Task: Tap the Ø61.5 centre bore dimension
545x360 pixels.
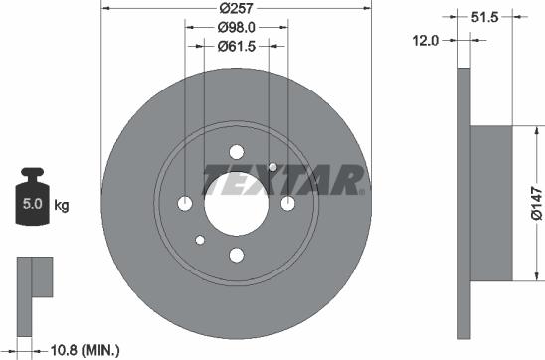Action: click(237, 47)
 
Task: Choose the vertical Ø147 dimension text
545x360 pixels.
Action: click(534, 203)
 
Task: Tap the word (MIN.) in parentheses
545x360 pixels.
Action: click(100, 349)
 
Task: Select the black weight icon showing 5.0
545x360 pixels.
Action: click(31, 203)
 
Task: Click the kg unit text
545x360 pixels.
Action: click(62, 207)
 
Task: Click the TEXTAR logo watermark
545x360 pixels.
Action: click(286, 181)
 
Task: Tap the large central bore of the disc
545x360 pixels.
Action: click(237, 203)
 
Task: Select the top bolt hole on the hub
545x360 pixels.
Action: click(237, 152)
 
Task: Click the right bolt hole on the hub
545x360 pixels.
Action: click(287, 203)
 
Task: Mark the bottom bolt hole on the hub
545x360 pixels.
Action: click(237, 254)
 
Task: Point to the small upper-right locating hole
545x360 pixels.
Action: click(272, 166)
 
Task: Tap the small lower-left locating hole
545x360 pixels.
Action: click(201, 239)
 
